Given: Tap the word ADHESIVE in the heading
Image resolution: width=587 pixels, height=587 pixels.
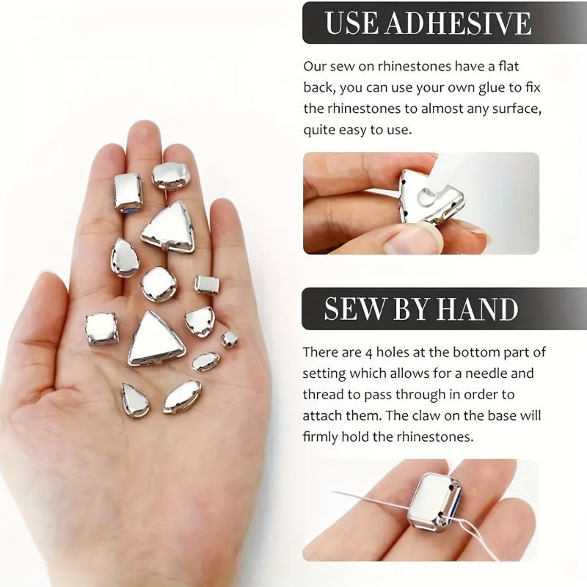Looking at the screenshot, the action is click(458, 23).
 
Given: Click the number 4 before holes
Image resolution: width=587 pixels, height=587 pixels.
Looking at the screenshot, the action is click(368, 353).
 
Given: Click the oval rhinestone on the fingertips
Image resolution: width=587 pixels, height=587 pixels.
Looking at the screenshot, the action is click(170, 175).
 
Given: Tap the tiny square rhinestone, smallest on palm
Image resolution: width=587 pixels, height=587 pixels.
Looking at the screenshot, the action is click(229, 339).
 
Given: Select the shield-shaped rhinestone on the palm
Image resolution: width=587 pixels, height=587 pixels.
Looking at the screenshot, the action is click(200, 321).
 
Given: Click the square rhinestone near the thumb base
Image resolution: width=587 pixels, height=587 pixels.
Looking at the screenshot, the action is click(101, 329).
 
